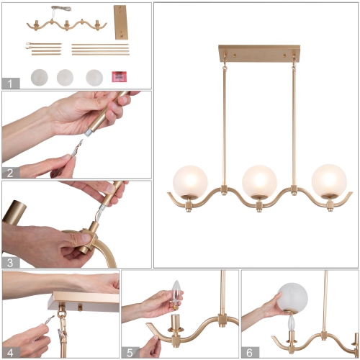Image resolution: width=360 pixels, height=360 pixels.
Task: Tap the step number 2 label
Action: click(9, 171)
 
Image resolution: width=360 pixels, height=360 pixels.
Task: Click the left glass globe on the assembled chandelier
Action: click(189, 181)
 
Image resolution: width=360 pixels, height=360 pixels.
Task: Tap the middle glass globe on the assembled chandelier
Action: click(260, 181)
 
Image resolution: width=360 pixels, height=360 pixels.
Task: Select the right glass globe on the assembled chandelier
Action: click(329, 181)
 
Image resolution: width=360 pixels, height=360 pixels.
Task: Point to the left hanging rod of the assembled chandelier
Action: click(224, 122)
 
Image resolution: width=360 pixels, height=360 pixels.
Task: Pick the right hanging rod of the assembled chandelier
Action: click(294, 122)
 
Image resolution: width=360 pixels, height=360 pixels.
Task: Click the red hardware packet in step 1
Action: click(119, 76)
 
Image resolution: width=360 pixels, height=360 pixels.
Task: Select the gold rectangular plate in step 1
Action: click(120, 22)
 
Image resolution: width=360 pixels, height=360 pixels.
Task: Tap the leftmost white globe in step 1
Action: click(37, 76)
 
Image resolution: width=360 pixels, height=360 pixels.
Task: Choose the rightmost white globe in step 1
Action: click(94, 76)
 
